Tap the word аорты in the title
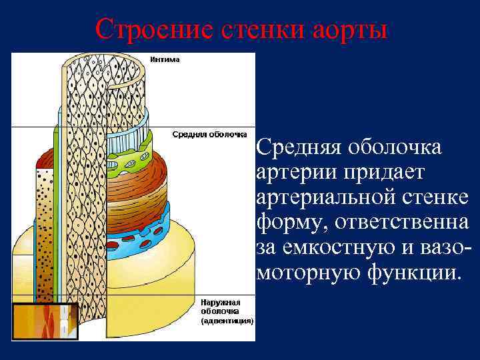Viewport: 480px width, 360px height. [x=351, y=29]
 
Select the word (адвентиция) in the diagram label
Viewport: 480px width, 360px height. [x=227, y=320]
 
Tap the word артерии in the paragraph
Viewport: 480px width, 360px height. [x=294, y=173]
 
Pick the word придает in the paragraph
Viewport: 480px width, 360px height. [x=383, y=173]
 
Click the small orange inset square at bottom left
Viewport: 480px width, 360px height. [x=45, y=321]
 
